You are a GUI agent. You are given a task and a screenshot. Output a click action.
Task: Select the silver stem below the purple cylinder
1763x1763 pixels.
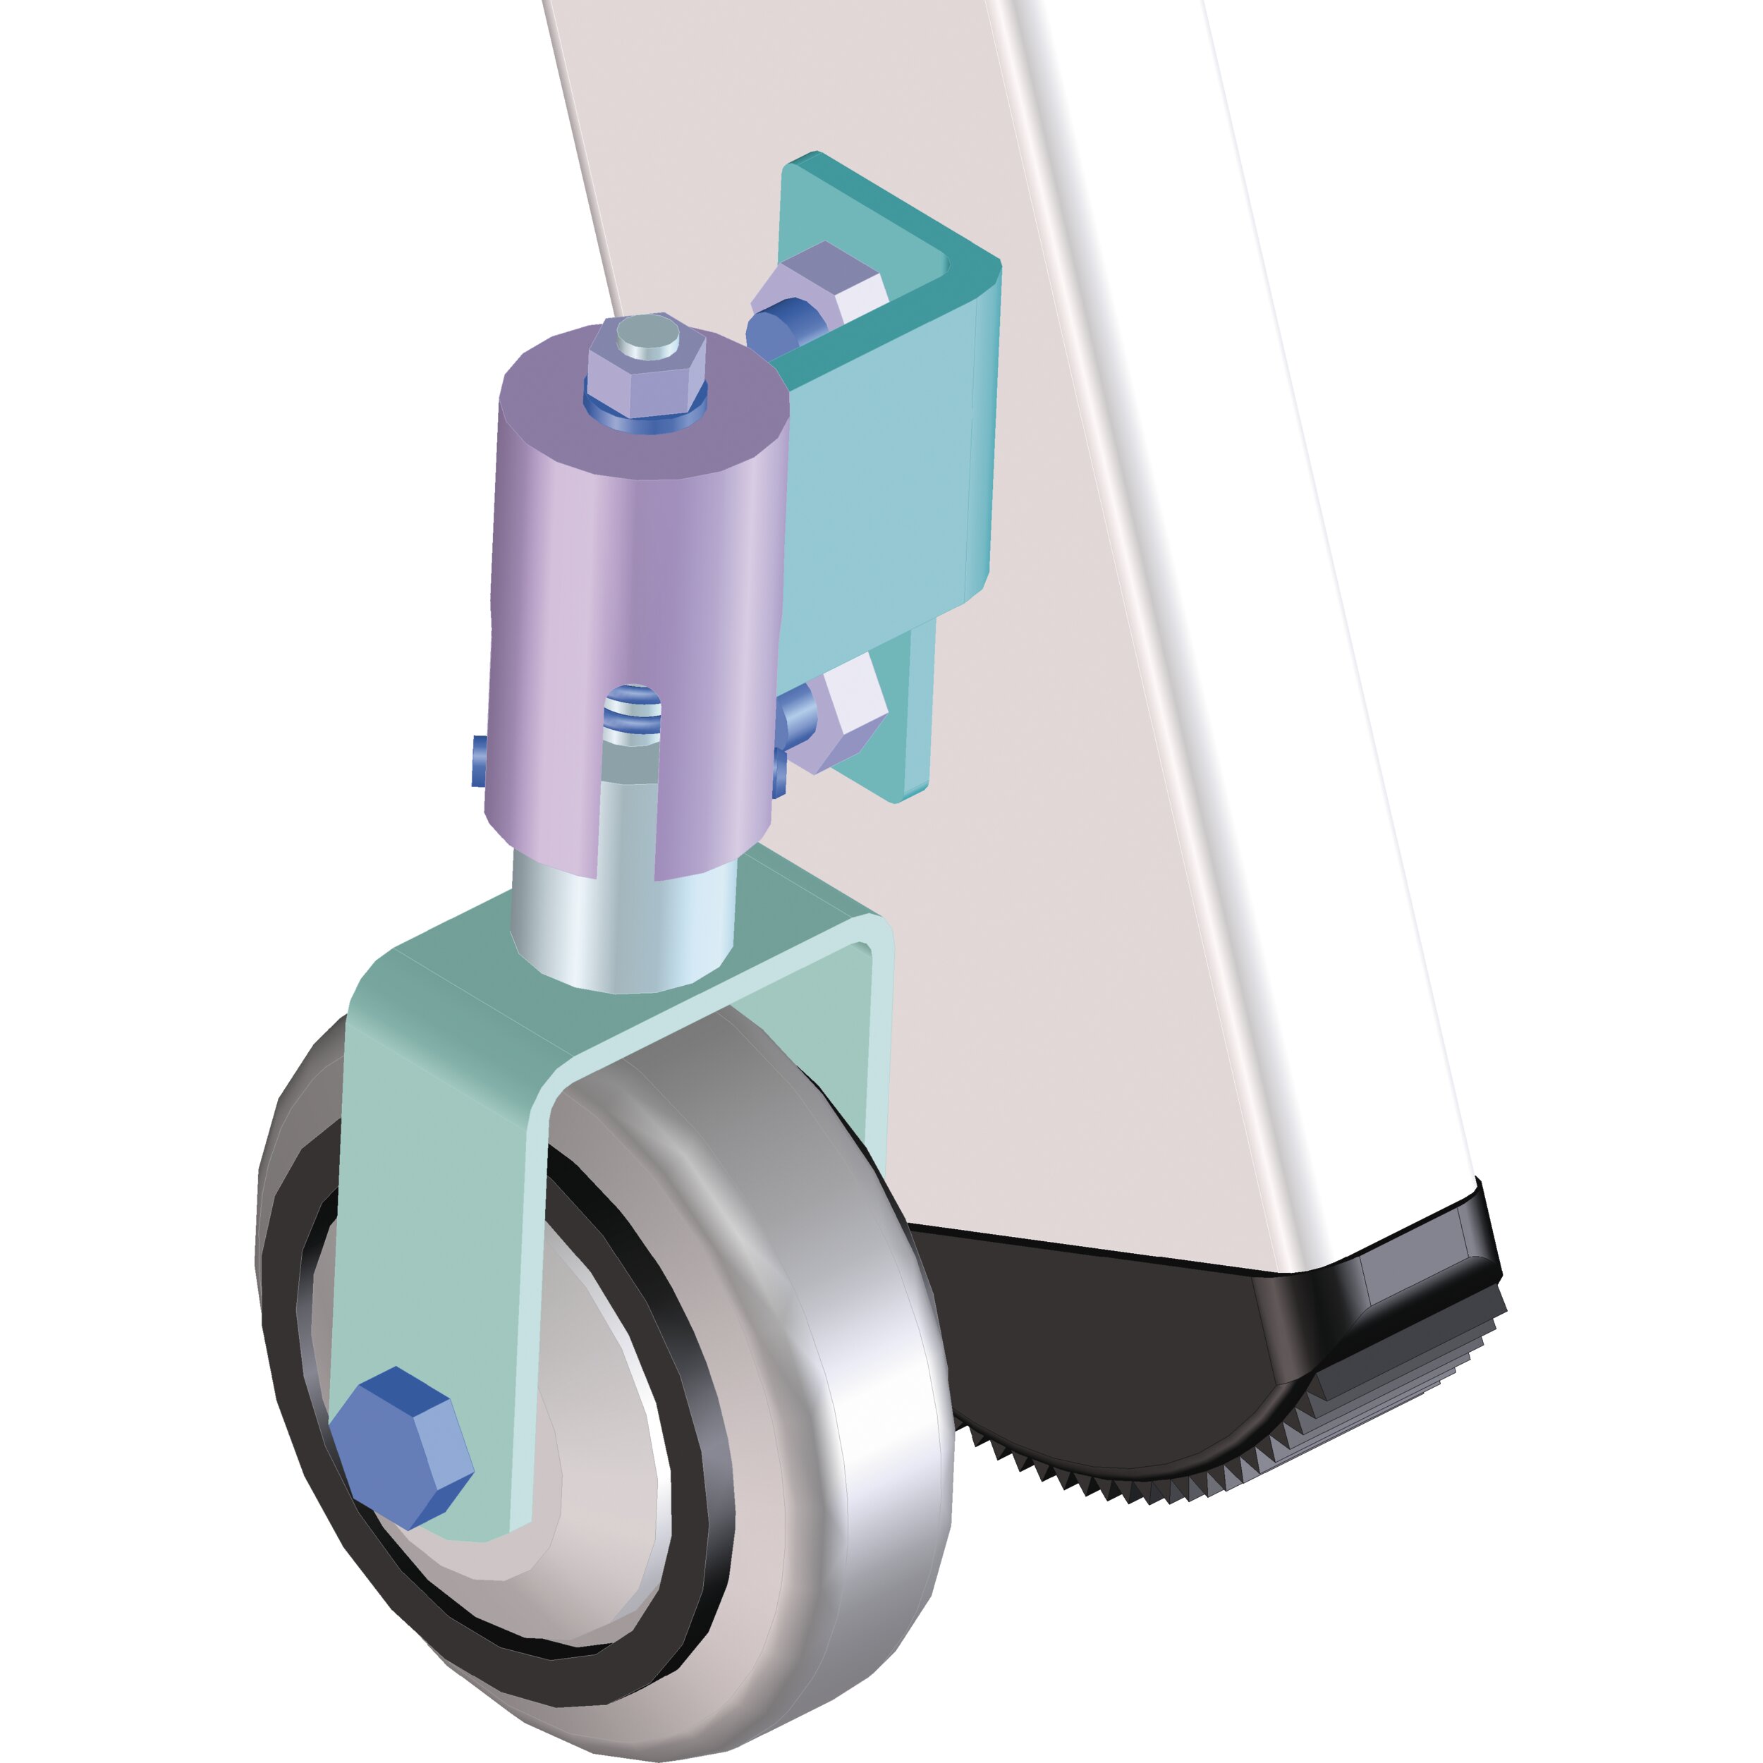[x=621, y=931]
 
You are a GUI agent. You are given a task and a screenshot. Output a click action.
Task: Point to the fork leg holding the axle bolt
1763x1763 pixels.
[x=429, y=1232]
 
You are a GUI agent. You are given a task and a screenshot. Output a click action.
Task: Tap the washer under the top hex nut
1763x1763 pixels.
[x=646, y=410]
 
